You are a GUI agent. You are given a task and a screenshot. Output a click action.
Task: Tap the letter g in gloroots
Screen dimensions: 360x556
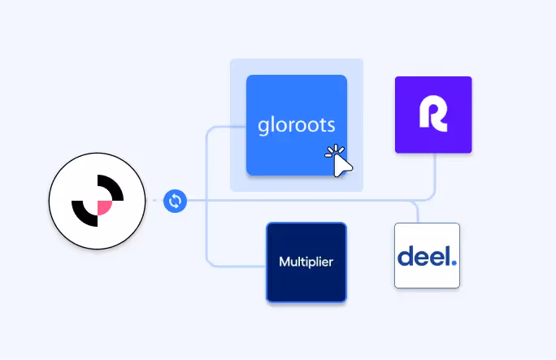tap(263, 128)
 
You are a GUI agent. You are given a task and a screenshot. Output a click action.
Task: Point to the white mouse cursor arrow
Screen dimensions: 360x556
tap(341, 162)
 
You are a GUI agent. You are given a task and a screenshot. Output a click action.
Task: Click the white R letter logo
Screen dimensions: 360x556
tap(433, 115)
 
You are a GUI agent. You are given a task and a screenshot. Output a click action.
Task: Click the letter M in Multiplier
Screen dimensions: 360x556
tap(285, 262)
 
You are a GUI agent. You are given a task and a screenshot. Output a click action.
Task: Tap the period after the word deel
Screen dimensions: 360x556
tap(454, 262)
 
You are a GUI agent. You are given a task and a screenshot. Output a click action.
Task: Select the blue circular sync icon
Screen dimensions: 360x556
tap(175, 201)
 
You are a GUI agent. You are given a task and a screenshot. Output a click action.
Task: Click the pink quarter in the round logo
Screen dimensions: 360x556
tap(105, 209)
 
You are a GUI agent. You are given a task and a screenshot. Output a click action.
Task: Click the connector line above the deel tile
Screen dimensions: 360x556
tap(418, 211)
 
